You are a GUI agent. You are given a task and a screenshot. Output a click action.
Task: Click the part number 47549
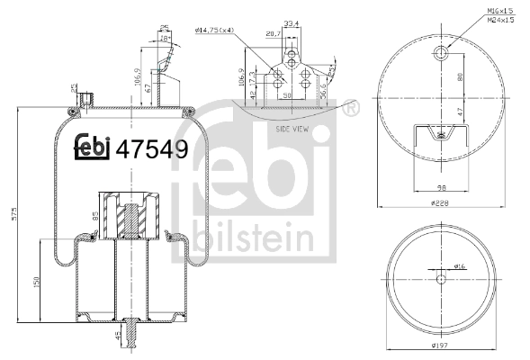point(152,148)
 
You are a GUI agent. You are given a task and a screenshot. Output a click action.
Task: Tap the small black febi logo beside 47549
point(93,148)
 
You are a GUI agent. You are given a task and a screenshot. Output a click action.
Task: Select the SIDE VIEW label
point(294,130)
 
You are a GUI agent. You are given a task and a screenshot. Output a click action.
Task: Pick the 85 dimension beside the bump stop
point(94,216)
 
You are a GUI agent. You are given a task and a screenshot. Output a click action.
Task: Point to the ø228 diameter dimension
point(439,204)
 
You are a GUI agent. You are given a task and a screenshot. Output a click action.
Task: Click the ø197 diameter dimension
point(439,346)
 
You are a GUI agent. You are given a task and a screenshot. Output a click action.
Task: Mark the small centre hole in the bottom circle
point(440,279)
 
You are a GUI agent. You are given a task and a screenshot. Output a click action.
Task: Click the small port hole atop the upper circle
point(439,56)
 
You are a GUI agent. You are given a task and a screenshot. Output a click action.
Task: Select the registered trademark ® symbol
point(347,109)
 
